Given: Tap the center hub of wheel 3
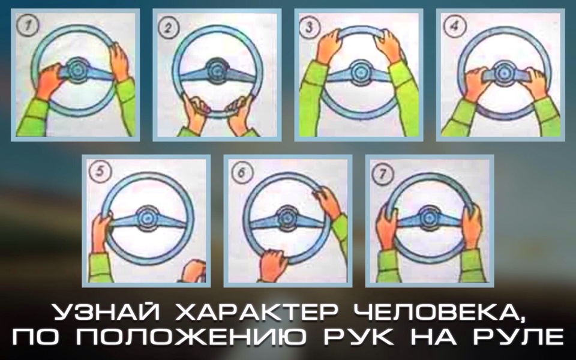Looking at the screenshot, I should pyautogui.click(x=358, y=73).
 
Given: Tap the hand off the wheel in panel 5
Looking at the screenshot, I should pyautogui.click(x=194, y=271).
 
